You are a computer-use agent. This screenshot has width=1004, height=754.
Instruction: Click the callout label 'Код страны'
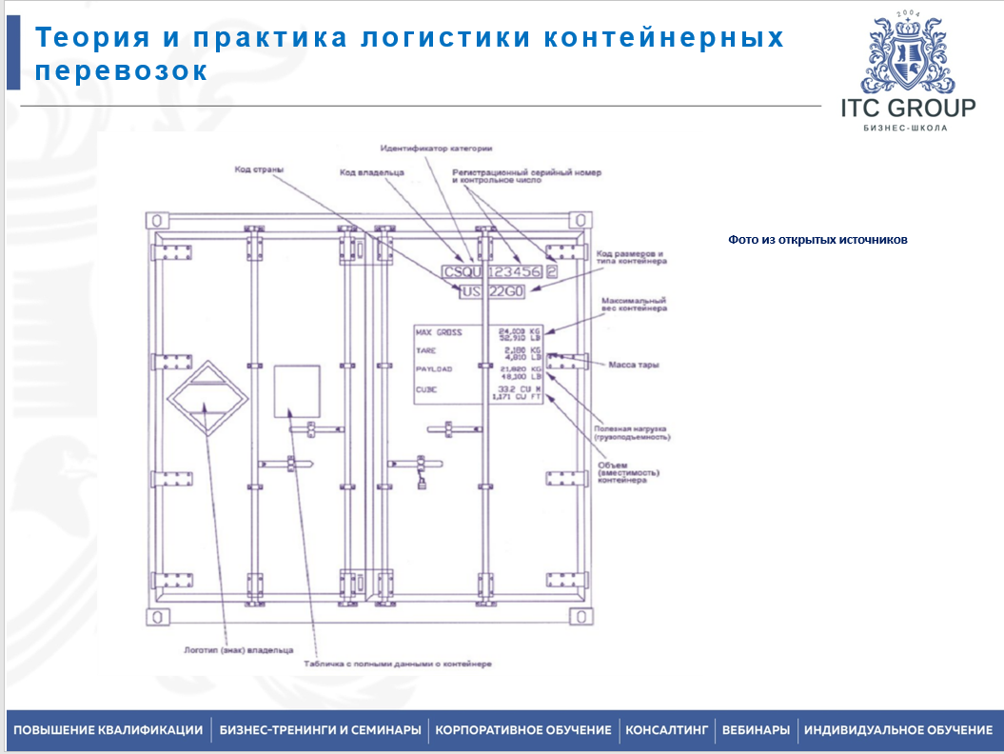pos(260,170)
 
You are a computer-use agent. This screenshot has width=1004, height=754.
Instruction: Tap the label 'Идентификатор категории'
pos(437,148)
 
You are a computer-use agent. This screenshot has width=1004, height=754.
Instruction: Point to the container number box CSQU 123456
pos(492,271)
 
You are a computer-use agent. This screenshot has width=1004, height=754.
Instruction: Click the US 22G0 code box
pos(491,291)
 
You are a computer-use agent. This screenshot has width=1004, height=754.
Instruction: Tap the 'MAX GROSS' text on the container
pos(439,332)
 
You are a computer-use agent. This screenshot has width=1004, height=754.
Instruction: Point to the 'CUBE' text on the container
pos(425,389)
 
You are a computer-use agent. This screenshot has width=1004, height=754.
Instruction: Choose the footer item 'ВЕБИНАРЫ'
pos(756,730)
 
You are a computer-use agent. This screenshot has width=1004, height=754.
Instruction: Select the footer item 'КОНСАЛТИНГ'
pos(666,730)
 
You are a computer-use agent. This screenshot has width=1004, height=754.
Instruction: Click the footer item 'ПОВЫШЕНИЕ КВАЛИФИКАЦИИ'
pos(108,730)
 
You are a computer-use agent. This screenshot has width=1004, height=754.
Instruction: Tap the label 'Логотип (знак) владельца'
pos(226,653)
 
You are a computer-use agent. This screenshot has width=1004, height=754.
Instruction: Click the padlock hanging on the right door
pos(419,484)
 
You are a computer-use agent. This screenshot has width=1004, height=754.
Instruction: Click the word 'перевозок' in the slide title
pos(121,71)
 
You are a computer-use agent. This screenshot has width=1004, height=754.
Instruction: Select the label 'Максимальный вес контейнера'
pos(634,305)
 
